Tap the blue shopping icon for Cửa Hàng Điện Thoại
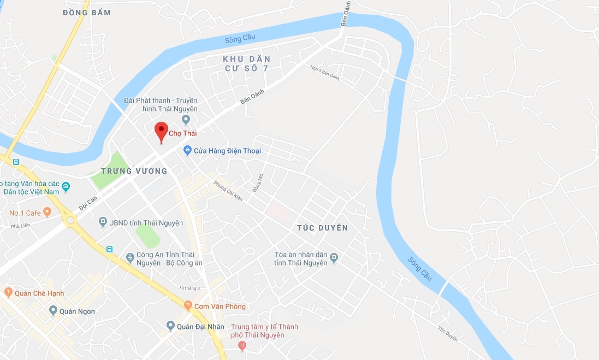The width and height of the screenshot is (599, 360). click(x=187, y=150)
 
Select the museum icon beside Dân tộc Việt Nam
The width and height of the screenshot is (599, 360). click(x=66, y=187)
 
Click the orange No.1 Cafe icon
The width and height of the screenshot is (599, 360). click(x=47, y=212)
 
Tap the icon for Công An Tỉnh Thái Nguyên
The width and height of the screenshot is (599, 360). click(x=130, y=257)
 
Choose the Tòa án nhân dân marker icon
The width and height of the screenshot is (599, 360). click(x=334, y=257)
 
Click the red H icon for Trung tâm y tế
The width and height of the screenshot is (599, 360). click(x=242, y=345)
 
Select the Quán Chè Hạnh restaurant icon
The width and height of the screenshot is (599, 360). click(x=8, y=293)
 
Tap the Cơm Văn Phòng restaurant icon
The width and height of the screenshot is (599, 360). click(x=188, y=306)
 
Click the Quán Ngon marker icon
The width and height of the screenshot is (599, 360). click(x=53, y=311)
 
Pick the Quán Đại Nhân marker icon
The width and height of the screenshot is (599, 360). click(x=170, y=326)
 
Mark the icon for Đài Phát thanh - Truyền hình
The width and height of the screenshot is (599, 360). click(x=186, y=119)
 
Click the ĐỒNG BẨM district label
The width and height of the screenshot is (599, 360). click(x=87, y=13)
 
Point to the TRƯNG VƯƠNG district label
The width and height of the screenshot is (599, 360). click(x=134, y=171)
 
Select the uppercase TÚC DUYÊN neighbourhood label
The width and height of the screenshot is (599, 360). click(x=322, y=227)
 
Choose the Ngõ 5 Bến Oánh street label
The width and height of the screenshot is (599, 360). click(x=324, y=73)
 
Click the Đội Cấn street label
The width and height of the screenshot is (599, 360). click(x=87, y=204)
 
